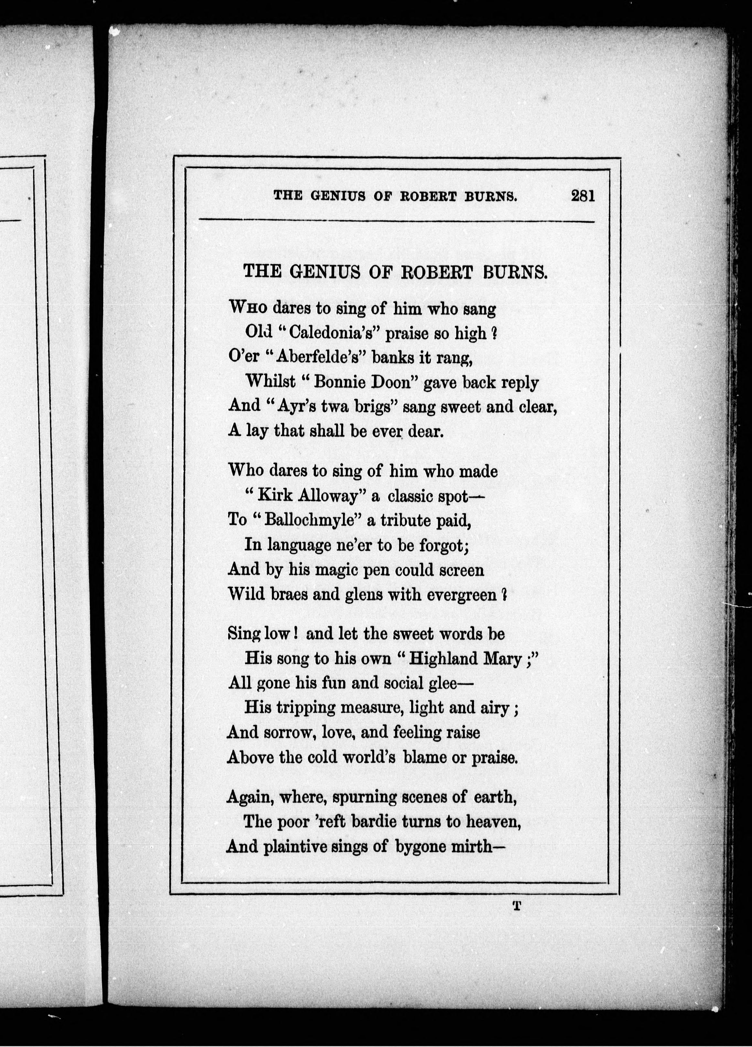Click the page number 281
click(583, 196)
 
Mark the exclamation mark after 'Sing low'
click(294, 634)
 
